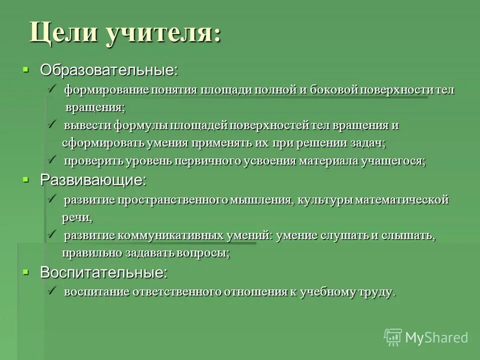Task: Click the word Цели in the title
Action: pyautogui.click(x=63, y=32)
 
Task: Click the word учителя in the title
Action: pyautogui.click(x=161, y=32)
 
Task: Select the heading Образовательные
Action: pyautogui.click(x=108, y=70)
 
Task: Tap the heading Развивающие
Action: pyautogui.click(x=93, y=180)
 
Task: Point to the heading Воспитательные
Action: pyautogui.click(x=103, y=272)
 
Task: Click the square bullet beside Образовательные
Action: pyautogui.click(x=26, y=69)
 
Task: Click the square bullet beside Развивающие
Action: pyautogui.click(x=26, y=179)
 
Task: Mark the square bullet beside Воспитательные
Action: pyautogui.click(x=26, y=271)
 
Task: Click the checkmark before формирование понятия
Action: pyautogui.click(x=52, y=88)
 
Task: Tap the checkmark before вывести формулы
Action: pyautogui.click(x=52, y=124)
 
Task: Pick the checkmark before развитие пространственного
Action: pyautogui.click(x=52, y=198)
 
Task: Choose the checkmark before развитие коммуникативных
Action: pyautogui.click(x=52, y=234)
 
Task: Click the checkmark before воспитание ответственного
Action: pyautogui.click(x=52, y=290)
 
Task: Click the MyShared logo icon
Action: pyautogui.click(x=393, y=337)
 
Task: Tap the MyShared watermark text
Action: pyautogui.click(x=436, y=337)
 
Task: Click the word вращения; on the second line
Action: pyautogui.click(x=95, y=107)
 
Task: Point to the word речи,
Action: pyautogui.click(x=77, y=217)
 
